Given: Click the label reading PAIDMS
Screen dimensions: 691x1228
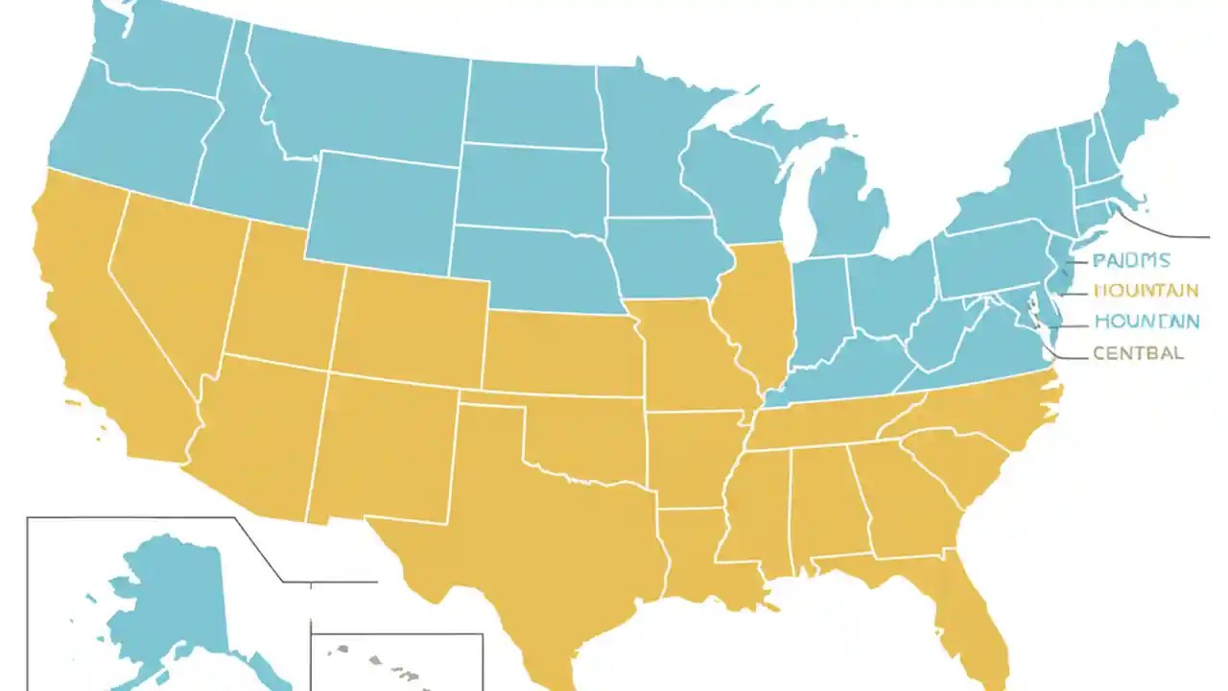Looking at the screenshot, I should coord(1131,260).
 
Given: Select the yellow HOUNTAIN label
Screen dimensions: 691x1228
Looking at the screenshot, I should coord(1145,290).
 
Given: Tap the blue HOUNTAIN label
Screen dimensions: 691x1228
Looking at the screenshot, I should coord(1145,322).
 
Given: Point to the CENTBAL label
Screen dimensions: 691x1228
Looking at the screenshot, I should coord(1138,353).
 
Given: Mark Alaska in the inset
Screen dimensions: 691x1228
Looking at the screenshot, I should coord(163,605).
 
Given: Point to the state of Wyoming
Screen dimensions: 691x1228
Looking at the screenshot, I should coord(384,211).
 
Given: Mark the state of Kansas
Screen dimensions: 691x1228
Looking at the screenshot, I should coord(561,350).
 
